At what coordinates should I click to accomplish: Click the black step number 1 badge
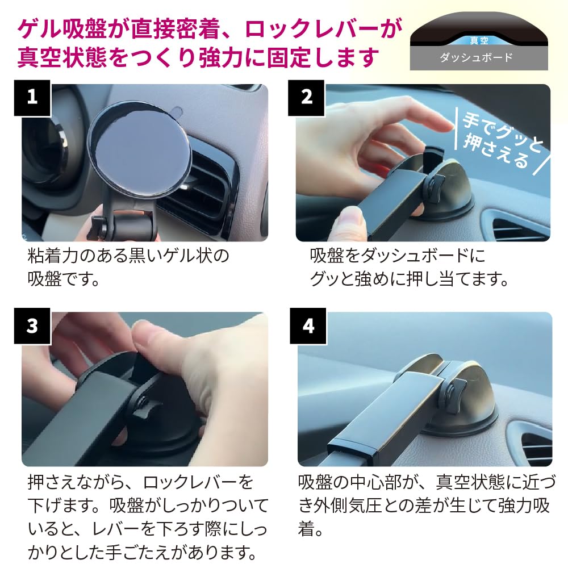32,98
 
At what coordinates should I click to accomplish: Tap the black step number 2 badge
306,98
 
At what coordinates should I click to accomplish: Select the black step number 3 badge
32,325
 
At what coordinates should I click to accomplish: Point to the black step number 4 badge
308,325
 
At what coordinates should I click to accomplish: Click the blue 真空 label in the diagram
479,40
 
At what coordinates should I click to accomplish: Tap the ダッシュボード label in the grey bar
477,57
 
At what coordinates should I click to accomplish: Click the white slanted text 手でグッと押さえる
502,141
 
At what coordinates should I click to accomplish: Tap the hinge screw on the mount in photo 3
143,402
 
